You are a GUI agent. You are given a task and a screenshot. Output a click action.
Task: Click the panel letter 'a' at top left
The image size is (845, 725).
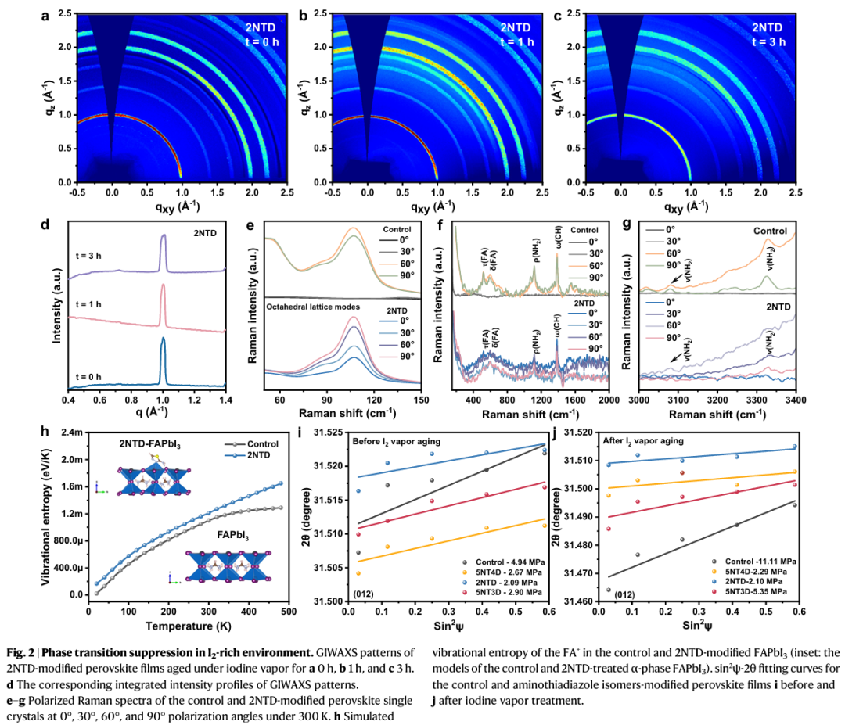[x=45, y=14]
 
